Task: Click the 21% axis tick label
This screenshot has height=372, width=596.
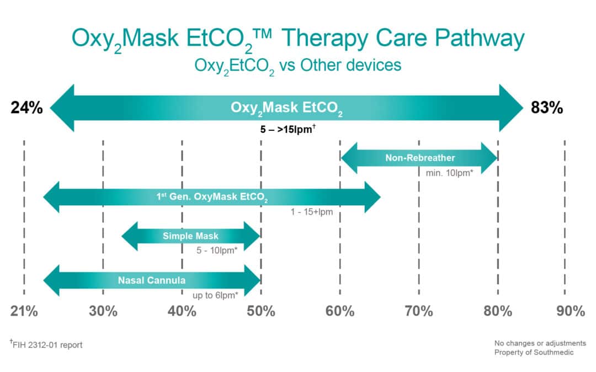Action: tap(24, 311)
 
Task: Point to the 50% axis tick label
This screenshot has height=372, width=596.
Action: tap(261, 311)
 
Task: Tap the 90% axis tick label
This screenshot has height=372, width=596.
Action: tap(570, 311)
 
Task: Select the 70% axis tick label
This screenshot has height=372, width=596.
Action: tap(419, 311)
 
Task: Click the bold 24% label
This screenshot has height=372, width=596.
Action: tap(26, 108)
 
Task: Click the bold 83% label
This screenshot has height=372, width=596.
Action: tap(547, 108)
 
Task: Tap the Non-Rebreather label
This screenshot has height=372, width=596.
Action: tap(419, 158)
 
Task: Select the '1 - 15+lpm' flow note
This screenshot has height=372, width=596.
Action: tap(312, 211)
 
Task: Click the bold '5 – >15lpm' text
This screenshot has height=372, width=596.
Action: tap(286, 131)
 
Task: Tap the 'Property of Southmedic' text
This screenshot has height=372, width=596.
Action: tap(533, 352)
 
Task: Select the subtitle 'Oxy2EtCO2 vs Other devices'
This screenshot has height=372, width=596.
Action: tap(297, 65)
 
